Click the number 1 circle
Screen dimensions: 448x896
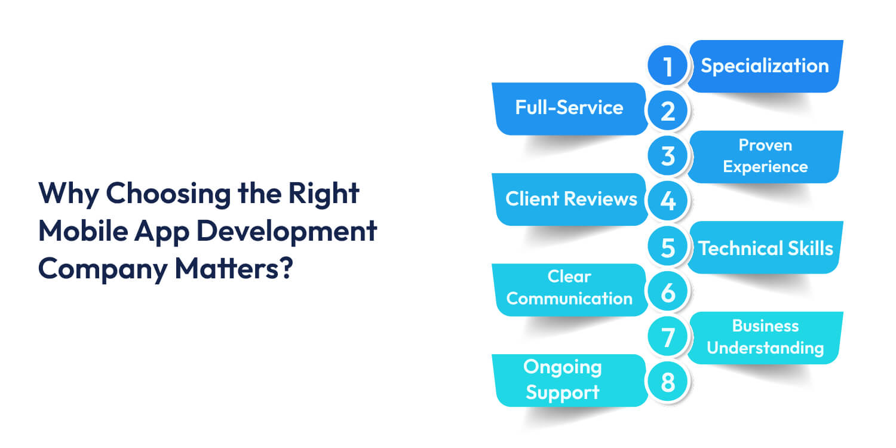pyautogui.click(x=668, y=66)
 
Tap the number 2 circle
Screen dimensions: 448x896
pyautogui.click(x=668, y=111)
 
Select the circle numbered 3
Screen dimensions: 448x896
pyautogui.click(x=668, y=156)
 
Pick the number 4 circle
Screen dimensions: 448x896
pyautogui.click(x=668, y=201)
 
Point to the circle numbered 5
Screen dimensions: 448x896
pyautogui.click(x=668, y=247)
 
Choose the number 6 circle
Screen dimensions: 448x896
pyautogui.click(x=668, y=292)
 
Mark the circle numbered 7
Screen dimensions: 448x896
pyautogui.click(x=668, y=337)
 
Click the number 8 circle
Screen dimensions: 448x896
pyautogui.click(x=668, y=382)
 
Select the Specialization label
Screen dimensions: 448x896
pyautogui.click(x=765, y=66)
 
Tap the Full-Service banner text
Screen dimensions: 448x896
pyautogui.click(x=569, y=108)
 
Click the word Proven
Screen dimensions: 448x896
pyautogui.click(x=765, y=145)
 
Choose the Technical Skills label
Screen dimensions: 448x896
pyautogui.click(x=765, y=248)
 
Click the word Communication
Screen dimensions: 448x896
pyautogui.click(x=569, y=299)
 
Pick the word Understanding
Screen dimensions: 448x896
pyautogui.click(x=765, y=348)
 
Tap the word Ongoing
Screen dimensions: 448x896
pyautogui.click(x=561, y=367)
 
